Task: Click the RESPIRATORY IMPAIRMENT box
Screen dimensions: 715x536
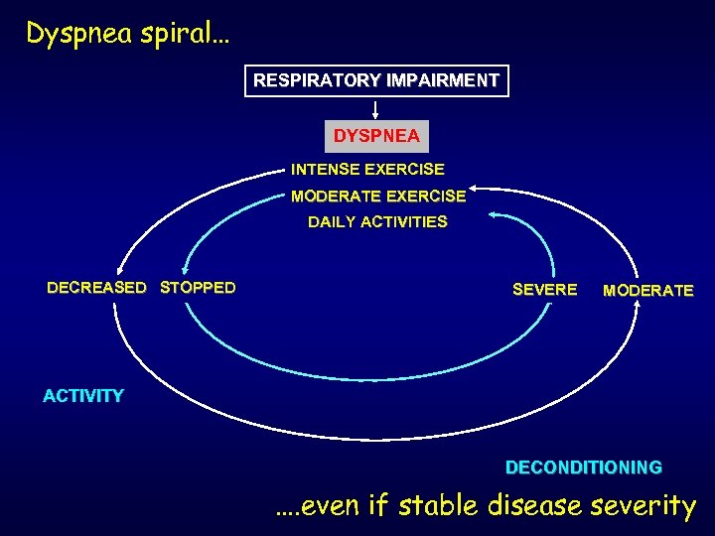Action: pyautogui.click(x=376, y=80)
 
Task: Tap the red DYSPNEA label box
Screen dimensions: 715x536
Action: pyautogui.click(x=376, y=136)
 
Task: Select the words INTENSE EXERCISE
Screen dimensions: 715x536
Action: pyautogui.click(x=367, y=170)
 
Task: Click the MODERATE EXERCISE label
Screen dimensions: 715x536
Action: pyautogui.click(x=377, y=196)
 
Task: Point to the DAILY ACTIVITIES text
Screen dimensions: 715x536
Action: pyautogui.click(x=377, y=222)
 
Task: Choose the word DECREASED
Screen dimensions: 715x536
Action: pyautogui.click(x=96, y=288)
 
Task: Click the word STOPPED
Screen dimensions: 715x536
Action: pyautogui.click(x=198, y=288)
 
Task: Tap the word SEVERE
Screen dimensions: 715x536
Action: pyautogui.click(x=544, y=290)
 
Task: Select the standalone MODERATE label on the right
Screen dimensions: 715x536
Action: pyautogui.click(x=648, y=291)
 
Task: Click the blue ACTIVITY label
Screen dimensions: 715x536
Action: pyautogui.click(x=83, y=396)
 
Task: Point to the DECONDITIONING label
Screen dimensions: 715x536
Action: pyautogui.click(x=584, y=467)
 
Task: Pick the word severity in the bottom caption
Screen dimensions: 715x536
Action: pyautogui.click(x=643, y=506)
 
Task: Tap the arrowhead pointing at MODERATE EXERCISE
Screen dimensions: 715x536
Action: pyautogui.click(x=476, y=187)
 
